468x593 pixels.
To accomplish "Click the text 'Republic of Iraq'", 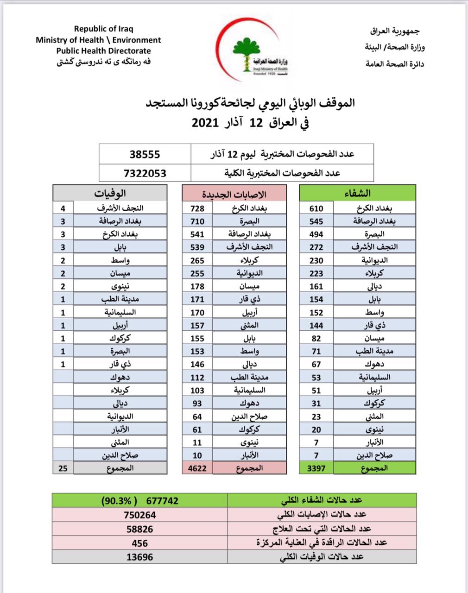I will (104, 29).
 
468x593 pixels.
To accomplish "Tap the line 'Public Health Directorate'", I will (103, 51).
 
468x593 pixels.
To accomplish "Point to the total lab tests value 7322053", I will (145, 173).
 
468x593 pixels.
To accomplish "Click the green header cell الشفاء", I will (358, 193).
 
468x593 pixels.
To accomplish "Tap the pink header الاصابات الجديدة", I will (234, 193).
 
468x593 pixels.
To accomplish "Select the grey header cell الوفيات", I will (110, 193).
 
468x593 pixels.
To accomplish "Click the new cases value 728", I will (197, 208).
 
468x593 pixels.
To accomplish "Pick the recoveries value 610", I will (316, 208).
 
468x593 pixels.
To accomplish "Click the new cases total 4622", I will (197, 468).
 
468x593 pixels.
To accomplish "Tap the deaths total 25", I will (63, 468).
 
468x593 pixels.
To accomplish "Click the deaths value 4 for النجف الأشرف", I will (63, 208).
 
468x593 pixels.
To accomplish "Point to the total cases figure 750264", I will (139, 515).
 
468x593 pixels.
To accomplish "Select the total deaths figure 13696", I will (139, 557).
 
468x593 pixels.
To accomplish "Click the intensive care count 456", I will (139, 543).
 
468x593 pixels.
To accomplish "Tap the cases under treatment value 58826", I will (139, 529).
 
